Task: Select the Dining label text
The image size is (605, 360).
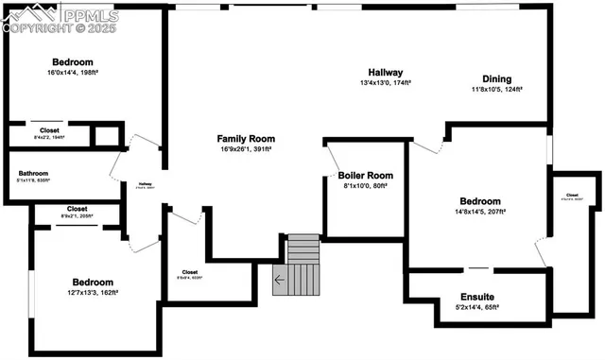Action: tap(496, 79)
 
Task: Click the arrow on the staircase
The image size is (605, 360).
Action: tap(279, 280)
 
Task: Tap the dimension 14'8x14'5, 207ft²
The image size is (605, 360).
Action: tap(488, 213)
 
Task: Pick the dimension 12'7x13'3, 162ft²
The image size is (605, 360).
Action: tap(92, 293)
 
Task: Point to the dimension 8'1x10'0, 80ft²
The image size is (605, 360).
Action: tap(365, 186)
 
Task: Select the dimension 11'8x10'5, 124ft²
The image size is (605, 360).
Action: tap(497, 90)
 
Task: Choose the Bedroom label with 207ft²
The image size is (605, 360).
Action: tap(488, 201)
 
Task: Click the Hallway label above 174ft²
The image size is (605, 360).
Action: tap(386, 72)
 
